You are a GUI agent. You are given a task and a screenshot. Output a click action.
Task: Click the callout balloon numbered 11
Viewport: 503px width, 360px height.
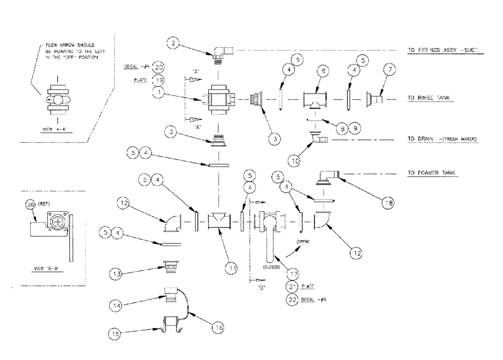232,268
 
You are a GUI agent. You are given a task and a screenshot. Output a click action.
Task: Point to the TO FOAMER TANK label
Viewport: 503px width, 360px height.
434,173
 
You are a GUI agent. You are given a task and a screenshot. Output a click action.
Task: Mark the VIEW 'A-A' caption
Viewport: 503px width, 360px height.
55,129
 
